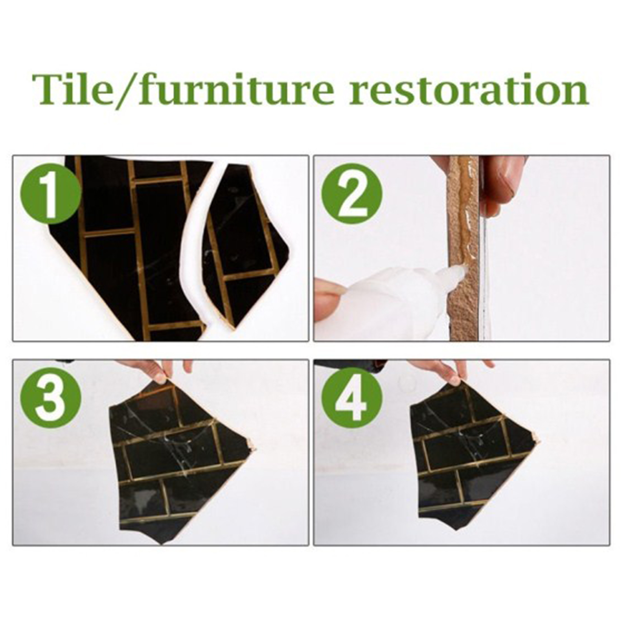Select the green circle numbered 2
tap(351, 194)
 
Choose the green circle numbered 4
tap(351, 398)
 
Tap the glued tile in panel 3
tap(177, 460)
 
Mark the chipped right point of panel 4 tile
tap(538, 440)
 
